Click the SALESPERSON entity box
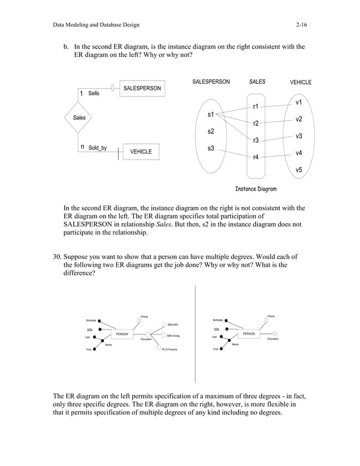tap(142, 89)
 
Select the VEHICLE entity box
tap(141, 151)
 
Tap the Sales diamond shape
tap(80, 117)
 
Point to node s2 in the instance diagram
tap(211, 131)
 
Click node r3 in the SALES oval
tap(256, 140)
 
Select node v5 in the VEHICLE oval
tap(298, 169)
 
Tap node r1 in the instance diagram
tap(256, 106)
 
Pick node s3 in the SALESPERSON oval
tap(211, 148)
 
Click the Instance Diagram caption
tap(256, 189)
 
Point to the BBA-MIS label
tap(173, 325)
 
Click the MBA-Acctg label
tap(173, 336)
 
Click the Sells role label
tap(94, 93)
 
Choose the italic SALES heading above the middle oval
tap(257, 82)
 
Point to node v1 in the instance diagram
tap(298, 102)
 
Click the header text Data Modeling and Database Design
tap(96, 25)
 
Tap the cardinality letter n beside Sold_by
tap(82, 147)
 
